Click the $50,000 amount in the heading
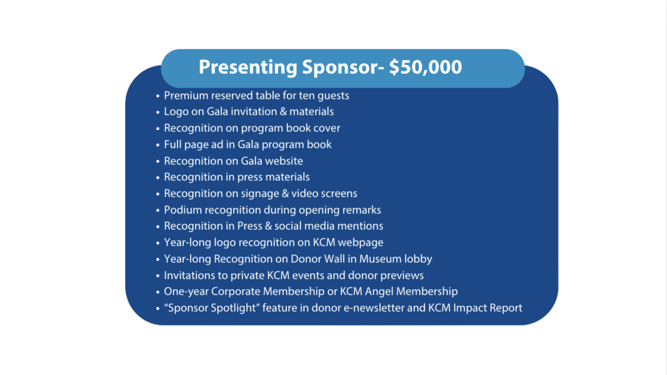(x=426, y=67)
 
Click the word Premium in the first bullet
(x=186, y=95)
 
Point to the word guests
(x=333, y=96)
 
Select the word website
(x=284, y=161)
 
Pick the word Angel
(x=379, y=292)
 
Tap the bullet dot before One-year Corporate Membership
(x=158, y=292)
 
